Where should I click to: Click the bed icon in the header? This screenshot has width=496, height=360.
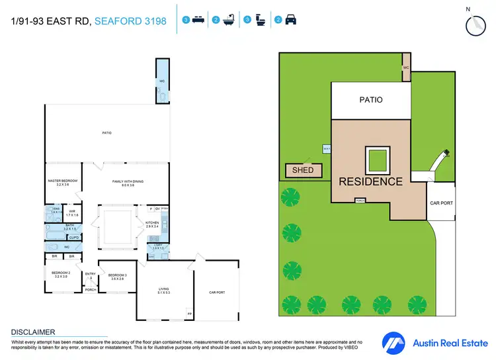pyautogui.click(x=197, y=20)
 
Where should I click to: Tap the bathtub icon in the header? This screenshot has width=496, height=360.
pyautogui.click(x=228, y=20)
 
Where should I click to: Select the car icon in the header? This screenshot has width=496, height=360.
pyautogui.click(x=290, y=20)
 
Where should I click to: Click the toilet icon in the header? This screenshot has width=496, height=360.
pyautogui.click(x=259, y=20)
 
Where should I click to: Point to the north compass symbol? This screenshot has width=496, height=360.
pyautogui.click(x=474, y=24)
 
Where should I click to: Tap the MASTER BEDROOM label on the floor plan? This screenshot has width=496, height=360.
pyautogui.click(x=63, y=183)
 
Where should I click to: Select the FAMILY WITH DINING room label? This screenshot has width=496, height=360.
pyautogui.click(x=128, y=183)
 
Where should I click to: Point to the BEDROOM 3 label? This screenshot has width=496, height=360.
pyautogui.click(x=117, y=277)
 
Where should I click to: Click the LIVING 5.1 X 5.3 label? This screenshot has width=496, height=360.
pyautogui.click(x=163, y=291)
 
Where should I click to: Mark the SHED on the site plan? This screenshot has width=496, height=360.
pyautogui.click(x=303, y=171)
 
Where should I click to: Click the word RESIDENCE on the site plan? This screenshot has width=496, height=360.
pyautogui.click(x=370, y=181)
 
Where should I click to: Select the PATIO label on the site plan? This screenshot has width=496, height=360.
pyautogui.click(x=371, y=101)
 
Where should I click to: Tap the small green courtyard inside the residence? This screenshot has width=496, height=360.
pyautogui.click(x=378, y=161)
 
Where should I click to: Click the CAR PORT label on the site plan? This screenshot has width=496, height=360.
pyautogui.click(x=441, y=202)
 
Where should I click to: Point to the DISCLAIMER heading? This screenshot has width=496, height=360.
pyautogui.click(x=33, y=332)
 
